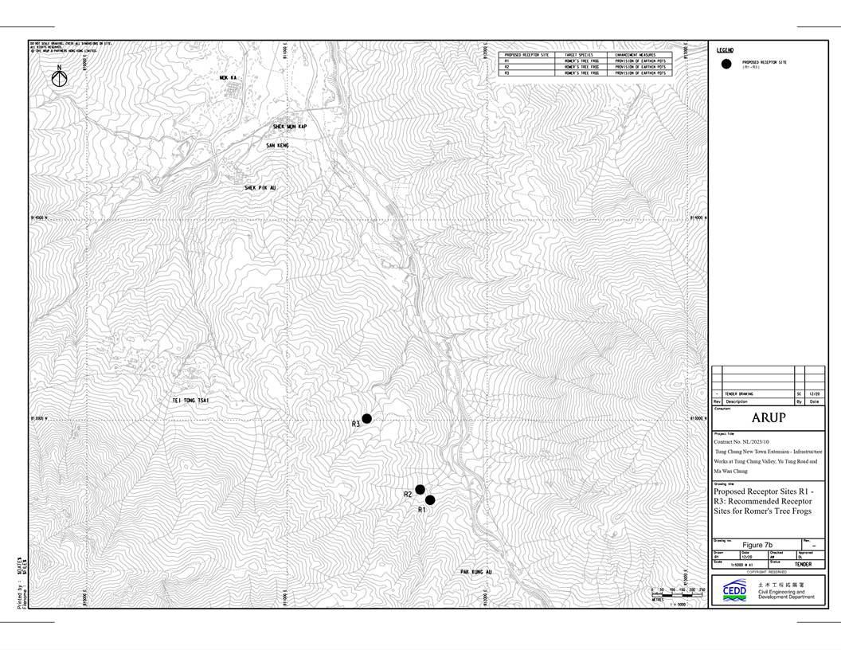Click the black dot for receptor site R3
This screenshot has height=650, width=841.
point(367,418)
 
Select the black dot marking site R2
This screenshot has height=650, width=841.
point(420,489)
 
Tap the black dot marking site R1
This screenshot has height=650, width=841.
point(430,500)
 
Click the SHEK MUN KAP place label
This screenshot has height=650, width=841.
point(290,127)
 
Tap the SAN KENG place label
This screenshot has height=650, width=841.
point(277,146)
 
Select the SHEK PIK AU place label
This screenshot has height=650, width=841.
point(264,188)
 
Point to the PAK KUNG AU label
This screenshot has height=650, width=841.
point(476,572)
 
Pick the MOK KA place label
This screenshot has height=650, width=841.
point(229,78)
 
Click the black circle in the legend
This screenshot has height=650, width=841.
point(726,64)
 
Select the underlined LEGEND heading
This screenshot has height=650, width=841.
point(726,50)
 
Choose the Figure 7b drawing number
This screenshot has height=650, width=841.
point(757,545)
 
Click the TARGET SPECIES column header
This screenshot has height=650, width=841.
point(579,55)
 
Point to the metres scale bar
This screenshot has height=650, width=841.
point(679,591)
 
